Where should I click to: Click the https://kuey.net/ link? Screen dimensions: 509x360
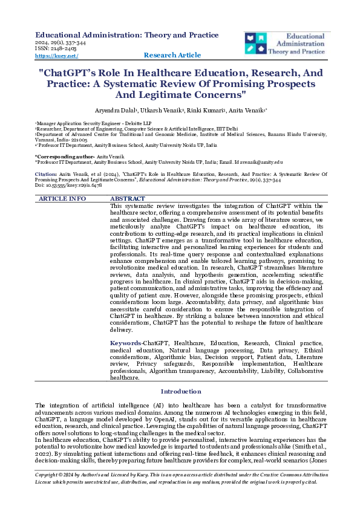[x=57, y=56]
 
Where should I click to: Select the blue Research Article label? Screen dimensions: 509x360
[x=172, y=55]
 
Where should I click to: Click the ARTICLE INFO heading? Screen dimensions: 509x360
[x=62, y=198]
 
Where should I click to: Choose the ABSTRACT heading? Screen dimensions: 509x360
[x=128, y=198]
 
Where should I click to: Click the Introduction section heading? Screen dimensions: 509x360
[x=181, y=392]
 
